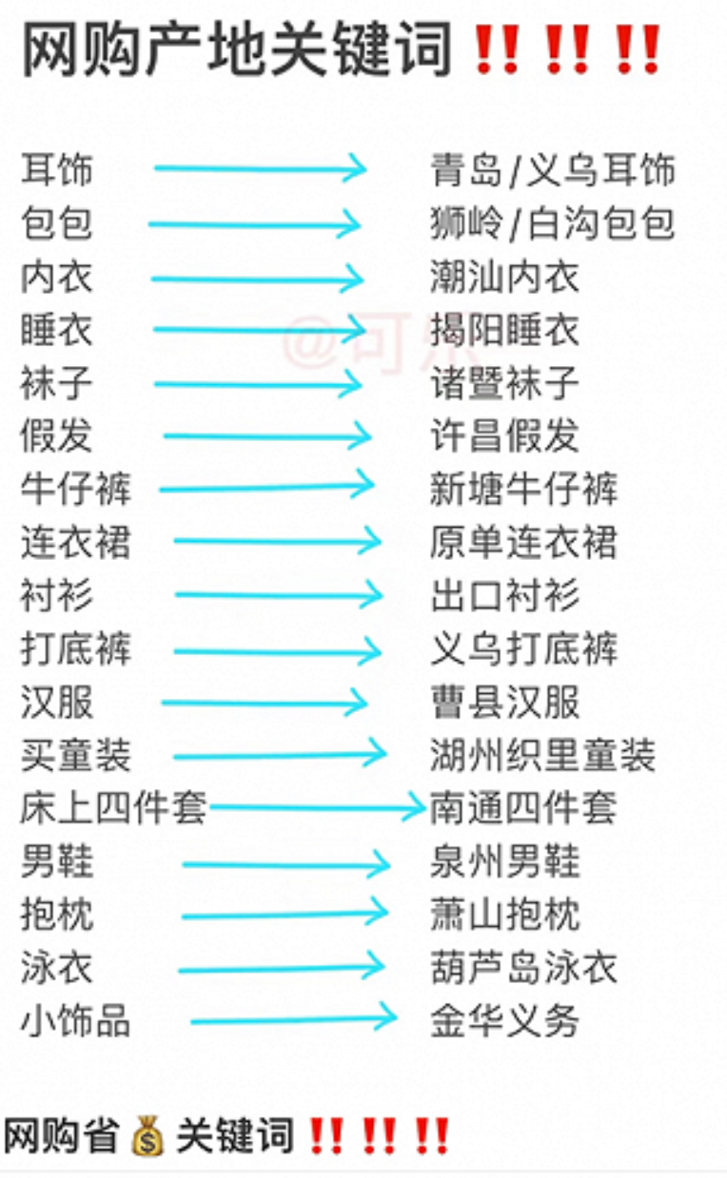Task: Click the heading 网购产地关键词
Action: coord(236,50)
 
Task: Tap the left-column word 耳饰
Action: coord(57,170)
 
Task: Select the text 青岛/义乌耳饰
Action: coord(552,170)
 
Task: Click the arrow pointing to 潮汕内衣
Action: coord(257,279)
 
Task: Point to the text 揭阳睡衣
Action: coord(504,330)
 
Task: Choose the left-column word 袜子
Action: coord(57,384)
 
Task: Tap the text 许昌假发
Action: coord(504,436)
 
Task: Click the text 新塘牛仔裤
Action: coord(523,490)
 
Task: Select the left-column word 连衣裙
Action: coord(75,543)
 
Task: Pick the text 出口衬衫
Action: coord(504,596)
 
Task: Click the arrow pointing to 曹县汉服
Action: coord(264,704)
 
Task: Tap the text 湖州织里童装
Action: coord(542,756)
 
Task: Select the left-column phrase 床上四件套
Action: coord(112,808)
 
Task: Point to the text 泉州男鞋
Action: coord(504,862)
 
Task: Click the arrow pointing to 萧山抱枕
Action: coord(285,915)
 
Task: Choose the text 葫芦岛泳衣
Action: coord(523,968)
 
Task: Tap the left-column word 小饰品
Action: coord(75,1022)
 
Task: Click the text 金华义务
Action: coord(504,1022)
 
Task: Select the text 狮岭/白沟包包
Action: coord(552,223)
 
